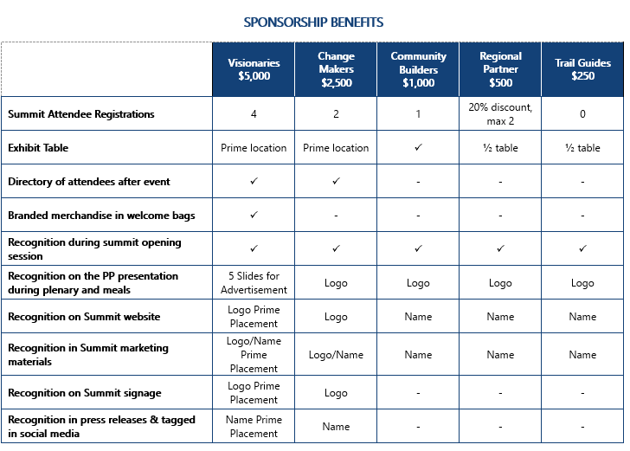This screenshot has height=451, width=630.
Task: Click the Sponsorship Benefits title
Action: [x=313, y=22]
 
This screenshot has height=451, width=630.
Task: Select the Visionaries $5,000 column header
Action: [x=254, y=69]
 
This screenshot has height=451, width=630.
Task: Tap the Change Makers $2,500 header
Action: [x=336, y=69]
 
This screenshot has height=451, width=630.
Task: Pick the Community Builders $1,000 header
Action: [x=418, y=69]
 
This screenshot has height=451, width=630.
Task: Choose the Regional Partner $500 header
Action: [x=500, y=69]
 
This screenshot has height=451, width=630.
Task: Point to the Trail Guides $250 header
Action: [x=582, y=69]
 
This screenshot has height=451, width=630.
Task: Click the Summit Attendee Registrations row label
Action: [x=81, y=113]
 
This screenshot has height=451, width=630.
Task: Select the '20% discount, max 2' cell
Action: [x=500, y=113]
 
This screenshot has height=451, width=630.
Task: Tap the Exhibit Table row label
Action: [x=38, y=148]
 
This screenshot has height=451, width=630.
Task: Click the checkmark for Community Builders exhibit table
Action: [x=418, y=148]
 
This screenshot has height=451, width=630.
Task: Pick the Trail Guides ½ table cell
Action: [x=582, y=148]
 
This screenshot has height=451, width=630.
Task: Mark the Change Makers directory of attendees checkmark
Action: [x=336, y=182]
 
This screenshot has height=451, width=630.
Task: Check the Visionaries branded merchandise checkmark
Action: [x=254, y=215]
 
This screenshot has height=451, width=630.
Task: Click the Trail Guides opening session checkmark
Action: [x=582, y=248]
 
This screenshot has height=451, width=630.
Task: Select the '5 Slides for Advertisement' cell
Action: [x=254, y=283]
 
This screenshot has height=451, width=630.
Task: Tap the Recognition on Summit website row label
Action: [x=84, y=317]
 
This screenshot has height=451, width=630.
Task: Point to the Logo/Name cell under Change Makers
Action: [x=336, y=354]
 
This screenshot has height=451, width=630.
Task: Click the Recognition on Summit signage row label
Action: [x=85, y=393]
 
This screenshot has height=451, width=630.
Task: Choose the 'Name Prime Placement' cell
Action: [x=254, y=426]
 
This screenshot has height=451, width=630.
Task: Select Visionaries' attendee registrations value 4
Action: [x=254, y=113]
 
